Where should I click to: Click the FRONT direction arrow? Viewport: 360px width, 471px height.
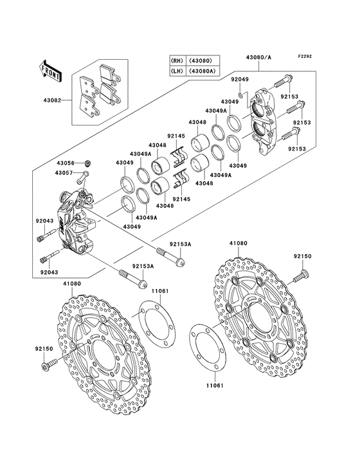50,68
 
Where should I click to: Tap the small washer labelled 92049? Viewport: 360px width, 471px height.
240,95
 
